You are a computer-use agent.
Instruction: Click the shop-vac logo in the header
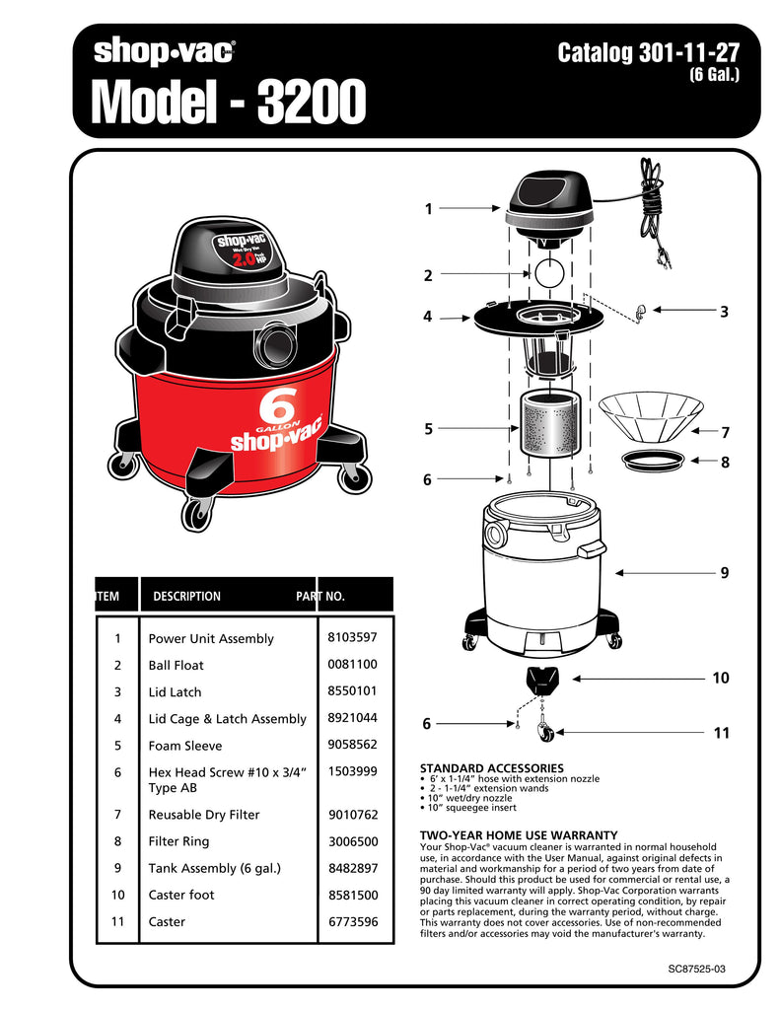(164, 51)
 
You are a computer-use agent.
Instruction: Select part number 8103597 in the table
(352, 637)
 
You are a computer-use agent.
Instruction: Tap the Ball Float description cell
(176, 665)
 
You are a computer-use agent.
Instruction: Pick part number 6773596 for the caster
(352, 921)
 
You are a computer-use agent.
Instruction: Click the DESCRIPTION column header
(186, 596)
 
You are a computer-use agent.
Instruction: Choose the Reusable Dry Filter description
(203, 815)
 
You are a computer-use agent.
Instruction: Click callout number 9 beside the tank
(724, 572)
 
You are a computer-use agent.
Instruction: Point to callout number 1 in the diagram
(428, 209)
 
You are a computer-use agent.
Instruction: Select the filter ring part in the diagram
(651, 459)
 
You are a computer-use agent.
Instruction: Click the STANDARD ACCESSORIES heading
(491, 767)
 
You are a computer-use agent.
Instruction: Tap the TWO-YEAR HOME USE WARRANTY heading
(519, 834)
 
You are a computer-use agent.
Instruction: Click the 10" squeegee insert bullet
(472, 807)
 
